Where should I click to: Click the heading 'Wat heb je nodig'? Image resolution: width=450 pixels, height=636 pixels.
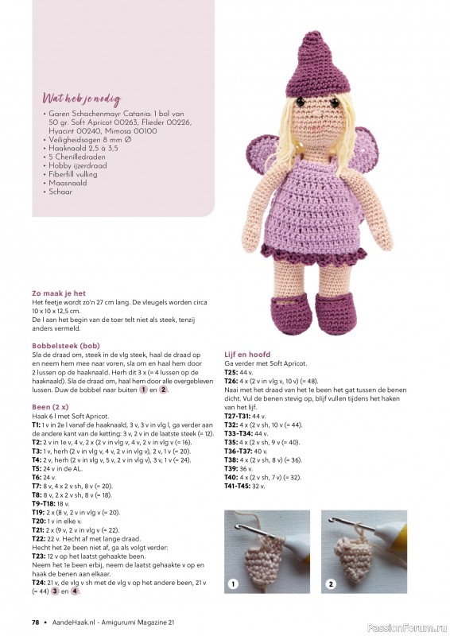81,99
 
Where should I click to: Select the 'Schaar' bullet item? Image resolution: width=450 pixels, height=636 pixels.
60,192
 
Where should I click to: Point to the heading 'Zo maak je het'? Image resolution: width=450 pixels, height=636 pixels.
58,293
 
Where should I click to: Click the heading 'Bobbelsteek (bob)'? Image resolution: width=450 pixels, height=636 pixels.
65,346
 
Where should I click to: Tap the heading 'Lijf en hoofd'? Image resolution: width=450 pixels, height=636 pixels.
247,355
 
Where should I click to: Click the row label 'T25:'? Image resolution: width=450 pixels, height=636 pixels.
231,372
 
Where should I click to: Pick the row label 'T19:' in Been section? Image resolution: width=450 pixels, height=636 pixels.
37,513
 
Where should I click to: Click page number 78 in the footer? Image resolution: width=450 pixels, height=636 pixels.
36,621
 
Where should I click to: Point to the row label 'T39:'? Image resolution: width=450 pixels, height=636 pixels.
231,468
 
